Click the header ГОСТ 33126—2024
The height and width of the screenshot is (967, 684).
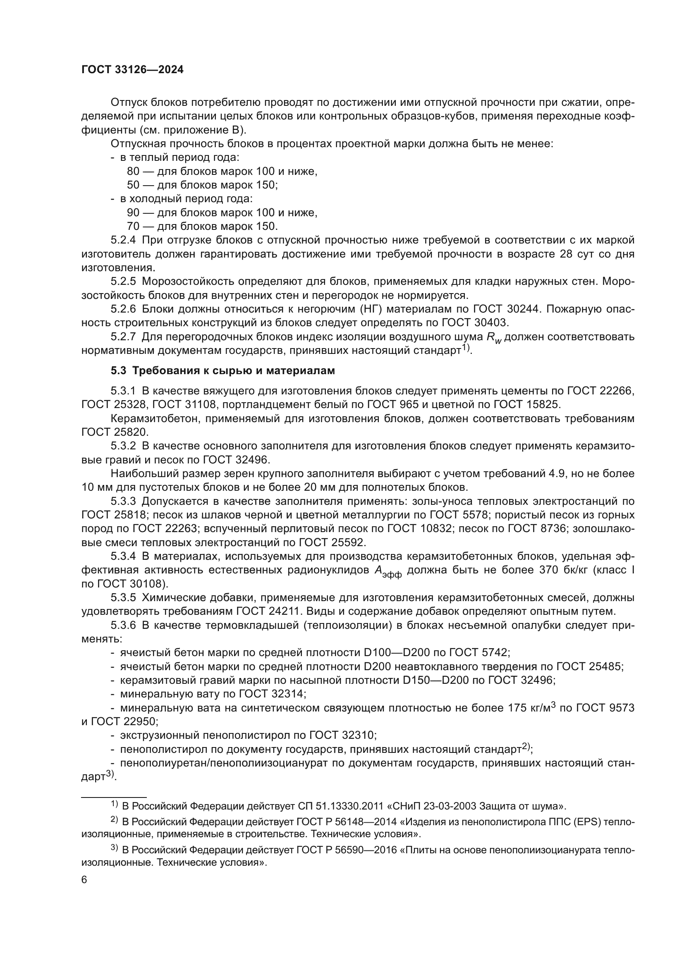click(x=132, y=70)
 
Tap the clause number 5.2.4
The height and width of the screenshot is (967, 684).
click(x=123, y=241)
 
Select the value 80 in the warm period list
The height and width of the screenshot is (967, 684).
click(x=133, y=172)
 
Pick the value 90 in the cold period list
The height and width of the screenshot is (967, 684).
click(x=133, y=213)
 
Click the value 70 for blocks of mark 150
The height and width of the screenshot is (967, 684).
click(x=133, y=227)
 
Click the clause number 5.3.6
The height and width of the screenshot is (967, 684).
click(x=123, y=625)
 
